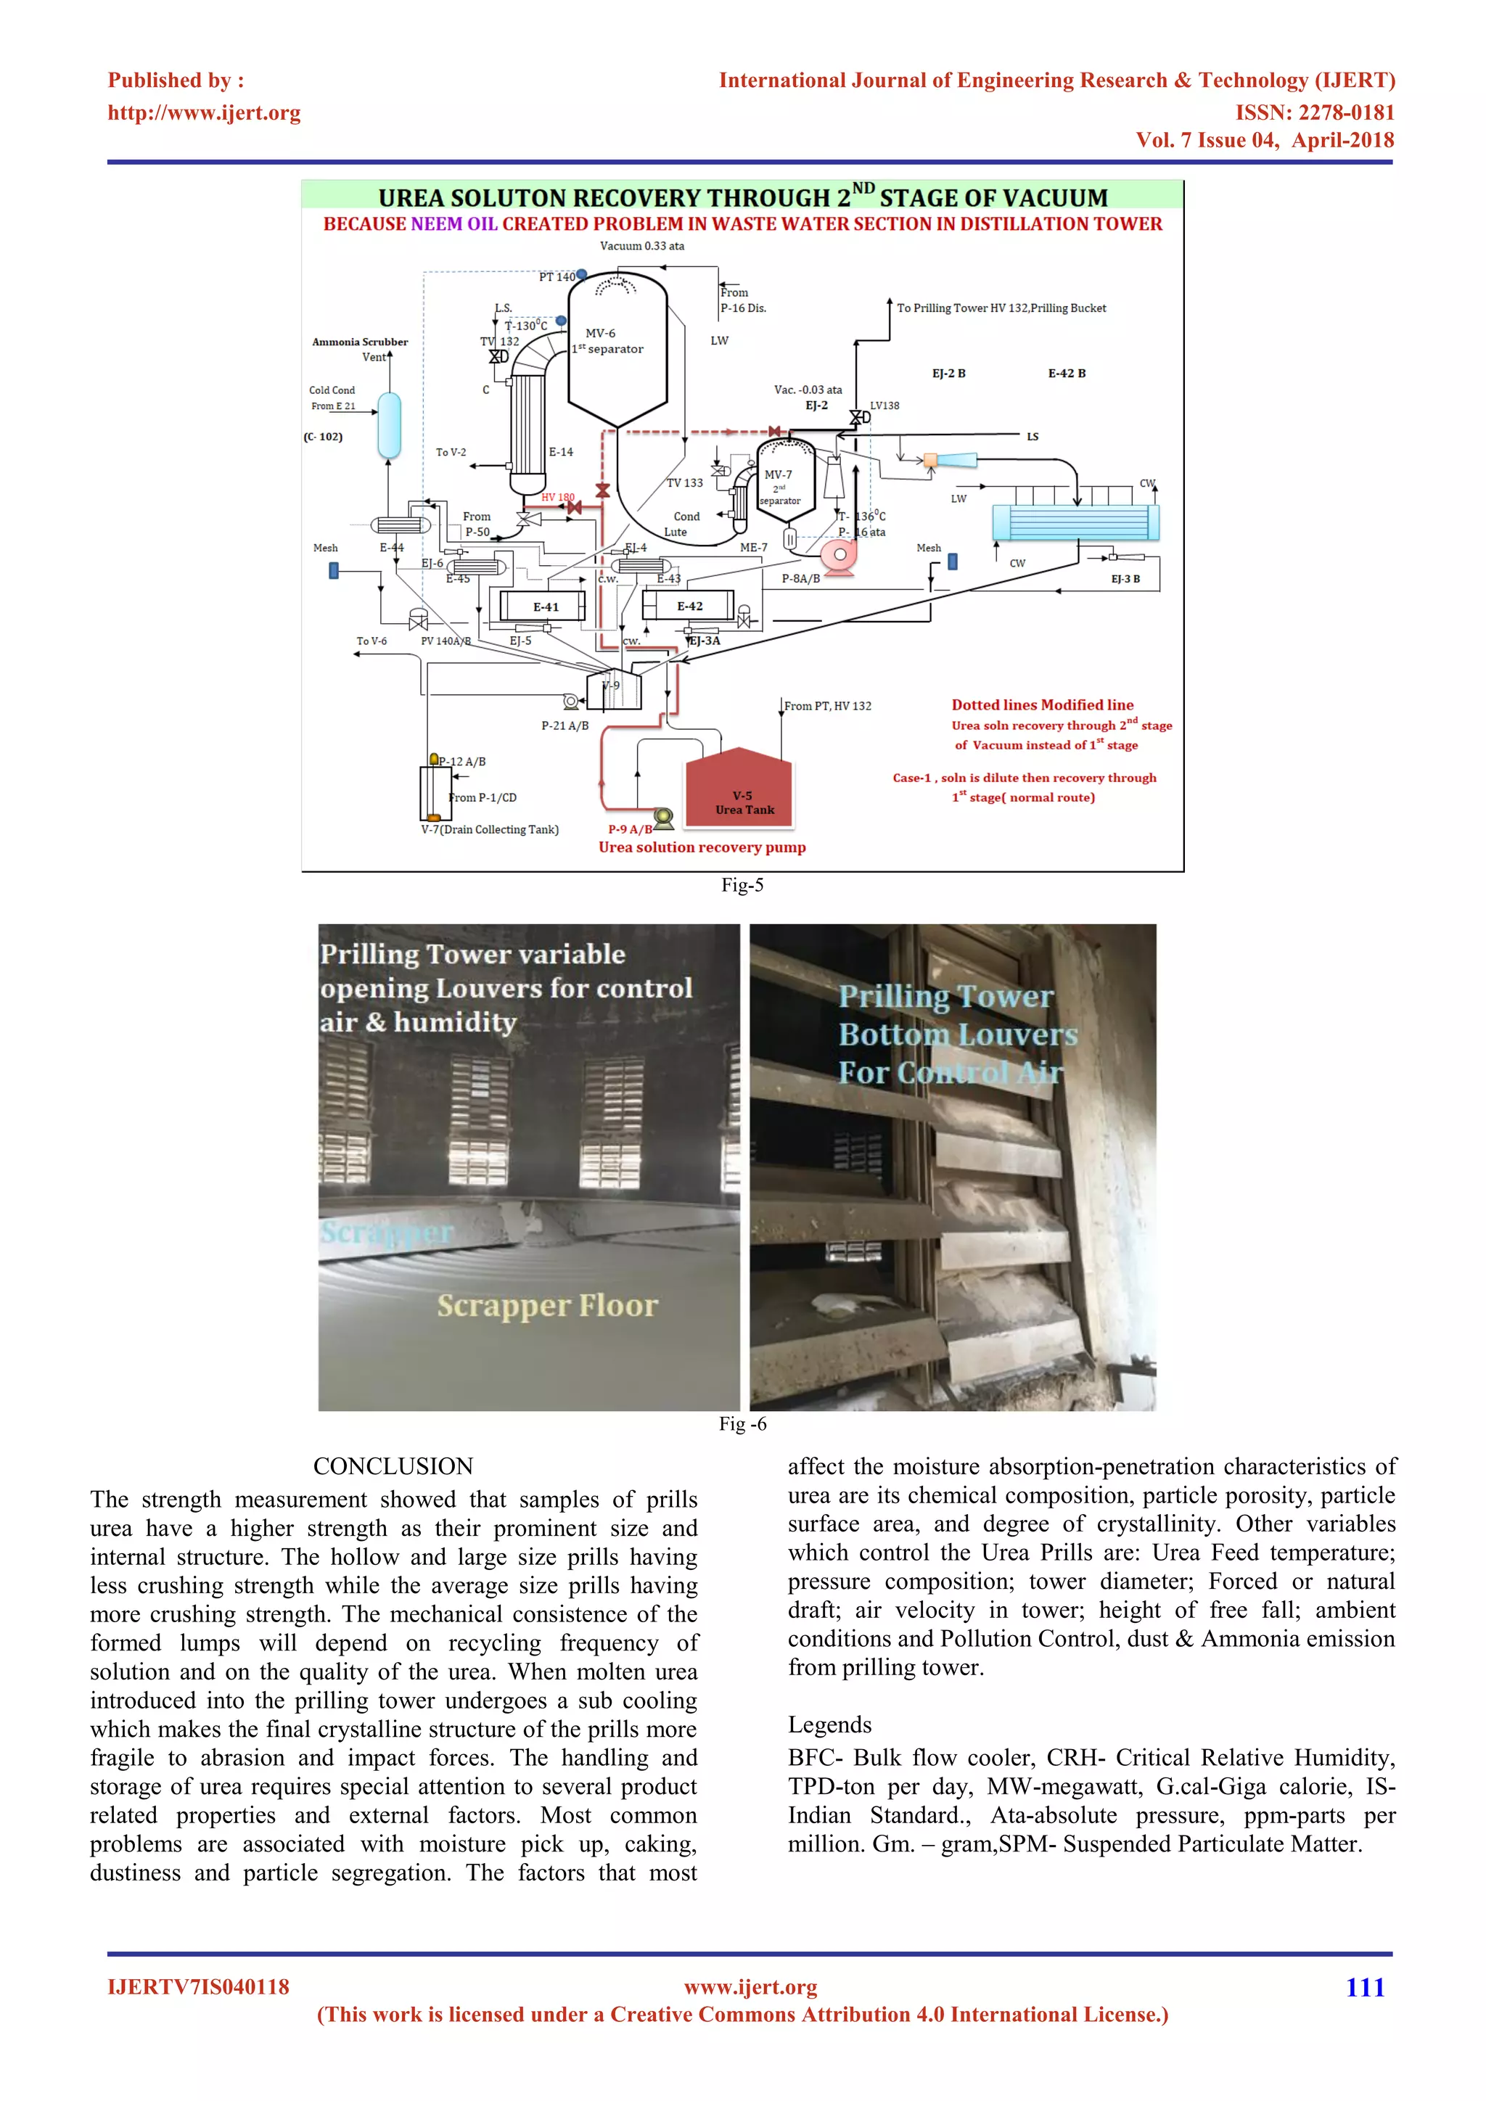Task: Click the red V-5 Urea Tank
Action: point(739,789)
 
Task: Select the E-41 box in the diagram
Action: point(546,607)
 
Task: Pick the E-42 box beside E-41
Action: point(689,606)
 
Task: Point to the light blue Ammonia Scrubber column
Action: point(389,424)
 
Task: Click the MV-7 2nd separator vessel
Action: point(785,480)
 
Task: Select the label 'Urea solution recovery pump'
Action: point(702,847)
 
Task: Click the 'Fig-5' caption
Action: point(742,885)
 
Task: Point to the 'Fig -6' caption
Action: point(742,1424)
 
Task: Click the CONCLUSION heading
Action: point(393,1466)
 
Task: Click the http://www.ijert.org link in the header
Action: point(204,112)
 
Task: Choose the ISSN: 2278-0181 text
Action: point(1315,112)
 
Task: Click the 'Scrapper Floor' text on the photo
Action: point(547,1305)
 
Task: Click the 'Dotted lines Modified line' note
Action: point(1042,704)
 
